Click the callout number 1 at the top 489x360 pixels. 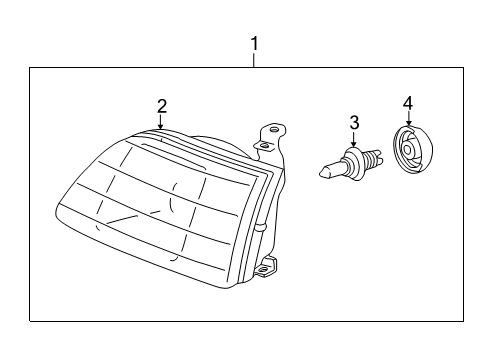254,44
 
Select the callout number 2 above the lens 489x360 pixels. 161,106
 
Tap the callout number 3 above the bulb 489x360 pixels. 353,122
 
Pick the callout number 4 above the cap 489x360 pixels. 407,102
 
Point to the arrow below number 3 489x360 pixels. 353,141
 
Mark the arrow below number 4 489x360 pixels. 407,121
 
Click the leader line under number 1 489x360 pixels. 254,60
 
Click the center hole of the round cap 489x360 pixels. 411,151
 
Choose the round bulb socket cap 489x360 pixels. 412,150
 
